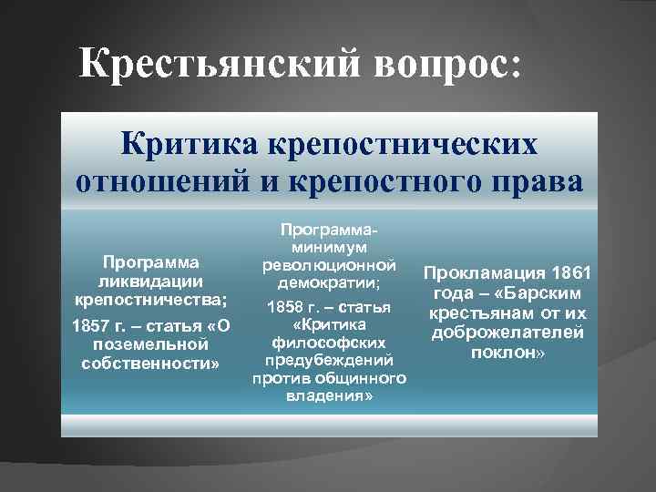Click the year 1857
tap(89, 326)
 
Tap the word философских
tap(329, 343)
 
